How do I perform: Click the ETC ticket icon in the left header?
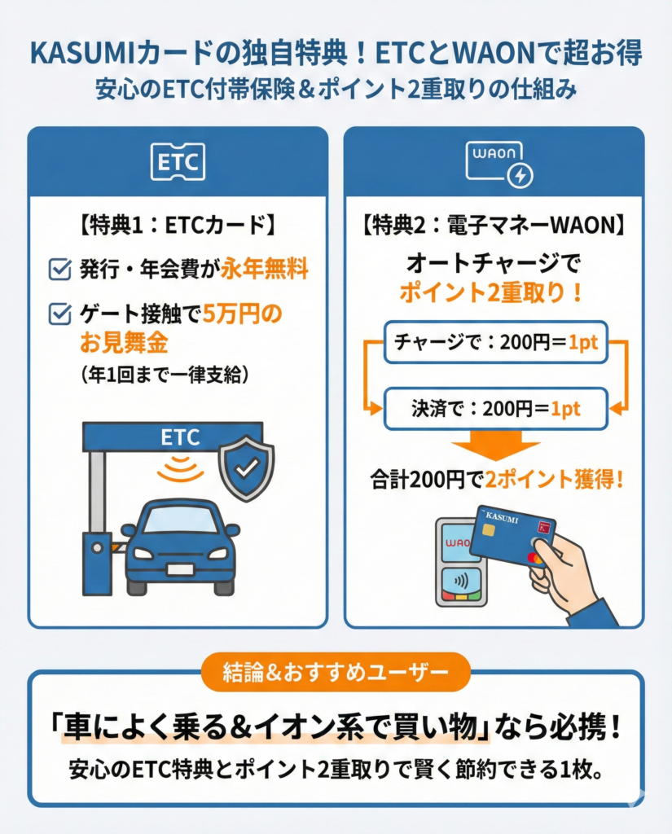[178, 162]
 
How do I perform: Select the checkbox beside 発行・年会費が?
[59, 269]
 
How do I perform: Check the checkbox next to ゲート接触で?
[59, 314]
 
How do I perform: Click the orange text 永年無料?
[265, 268]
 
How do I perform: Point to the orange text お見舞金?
[124, 343]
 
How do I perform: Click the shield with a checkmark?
[247, 468]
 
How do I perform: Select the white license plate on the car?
[180, 568]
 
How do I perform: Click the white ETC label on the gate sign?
[180, 437]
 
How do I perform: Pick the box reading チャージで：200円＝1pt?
[496, 342]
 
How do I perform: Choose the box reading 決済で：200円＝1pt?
[496, 409]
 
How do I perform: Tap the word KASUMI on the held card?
[502, 516]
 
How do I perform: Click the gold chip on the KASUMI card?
[489, 530]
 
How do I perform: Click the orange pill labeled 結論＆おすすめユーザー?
[336, 672]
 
